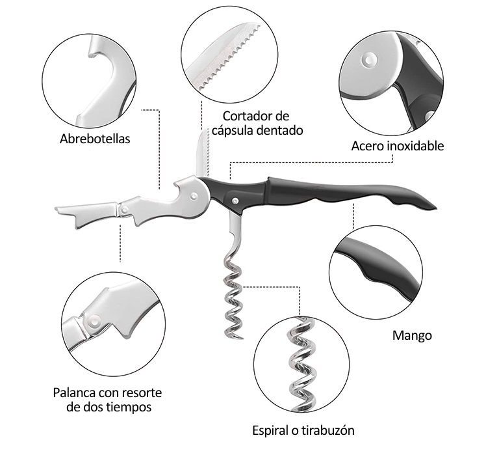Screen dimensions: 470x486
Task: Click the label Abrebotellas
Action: pyautogui.click(x=95, y=139)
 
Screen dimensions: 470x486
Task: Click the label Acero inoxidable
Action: pyautogui.click(x=398, y=146)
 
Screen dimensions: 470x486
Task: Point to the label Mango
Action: pyautogui.click(x=412, y=336)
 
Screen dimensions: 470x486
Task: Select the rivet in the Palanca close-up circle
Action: pyautogui.click(x=96, y=320)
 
